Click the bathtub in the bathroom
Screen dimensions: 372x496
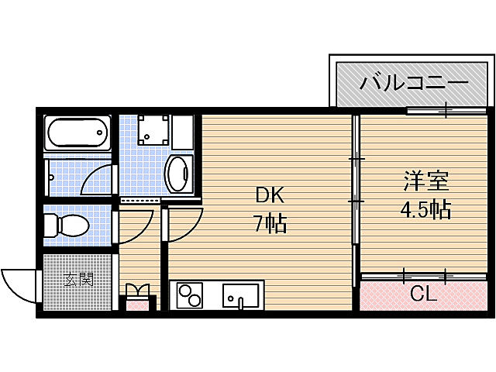[77, 133]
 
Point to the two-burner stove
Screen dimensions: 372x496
[190, 296]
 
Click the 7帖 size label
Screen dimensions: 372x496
[270, 225]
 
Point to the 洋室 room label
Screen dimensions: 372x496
[425, 183]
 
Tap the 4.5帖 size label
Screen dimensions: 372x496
[425, 209]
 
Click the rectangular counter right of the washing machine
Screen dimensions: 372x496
[182, 131]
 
